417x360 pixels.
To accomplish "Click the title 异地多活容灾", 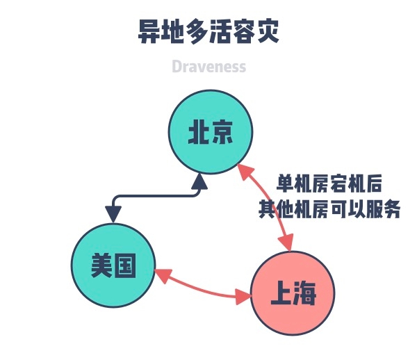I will click(208, 32).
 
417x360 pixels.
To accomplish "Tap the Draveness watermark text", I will click(208, 67).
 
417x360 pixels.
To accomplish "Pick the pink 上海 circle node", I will click(292, 294).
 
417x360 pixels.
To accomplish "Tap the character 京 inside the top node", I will click(222, 132).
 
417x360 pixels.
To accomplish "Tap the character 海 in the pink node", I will click(305, 295).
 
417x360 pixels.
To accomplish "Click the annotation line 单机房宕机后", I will click(329, 184).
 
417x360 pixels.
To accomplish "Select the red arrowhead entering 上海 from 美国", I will click(244, 297).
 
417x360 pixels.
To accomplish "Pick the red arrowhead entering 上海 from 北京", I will click(286, 243).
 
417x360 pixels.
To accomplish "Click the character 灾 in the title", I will click(270, 32).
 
